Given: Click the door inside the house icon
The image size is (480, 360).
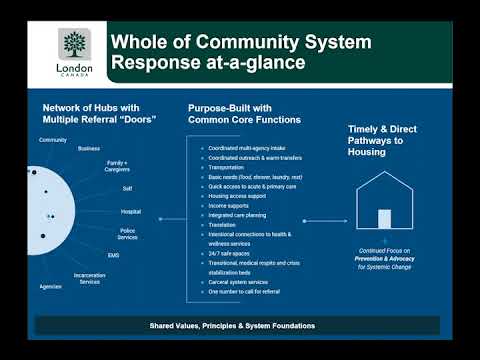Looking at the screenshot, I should click(384, 219).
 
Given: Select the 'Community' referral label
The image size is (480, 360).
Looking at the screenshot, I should click(53, 140).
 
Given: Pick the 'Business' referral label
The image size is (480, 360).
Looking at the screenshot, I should click(89, 148).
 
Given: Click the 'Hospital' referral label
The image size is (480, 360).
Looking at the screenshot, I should click(131, 211).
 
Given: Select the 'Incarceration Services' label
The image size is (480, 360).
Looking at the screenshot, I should click(89, 278).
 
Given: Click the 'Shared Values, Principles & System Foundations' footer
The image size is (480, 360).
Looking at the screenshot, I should click(239, 325).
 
